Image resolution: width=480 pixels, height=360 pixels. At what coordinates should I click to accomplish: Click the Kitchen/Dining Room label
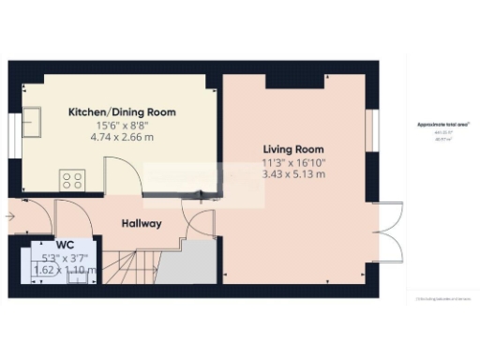point(122,112)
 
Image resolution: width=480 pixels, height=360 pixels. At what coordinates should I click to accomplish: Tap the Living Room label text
point(292,149)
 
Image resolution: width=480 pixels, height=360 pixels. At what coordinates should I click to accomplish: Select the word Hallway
point(142,224)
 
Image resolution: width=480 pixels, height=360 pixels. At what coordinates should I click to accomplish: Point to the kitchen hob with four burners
point(72,178)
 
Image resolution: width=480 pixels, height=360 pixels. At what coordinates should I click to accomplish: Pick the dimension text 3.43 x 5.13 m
point(292,174)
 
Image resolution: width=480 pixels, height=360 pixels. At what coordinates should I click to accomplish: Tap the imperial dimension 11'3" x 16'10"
point(292,162)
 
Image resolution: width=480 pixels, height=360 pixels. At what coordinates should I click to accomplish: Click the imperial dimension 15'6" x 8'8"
point(122,126)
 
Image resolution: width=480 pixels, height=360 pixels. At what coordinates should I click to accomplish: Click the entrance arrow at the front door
point(9,217)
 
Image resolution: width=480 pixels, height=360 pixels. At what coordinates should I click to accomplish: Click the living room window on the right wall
point(372,128)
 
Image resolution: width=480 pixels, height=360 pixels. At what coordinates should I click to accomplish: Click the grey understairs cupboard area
point(196,262)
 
